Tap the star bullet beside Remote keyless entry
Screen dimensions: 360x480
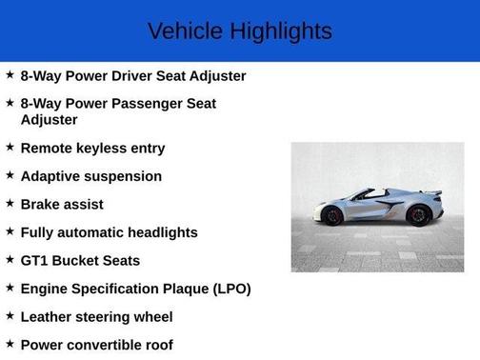10,148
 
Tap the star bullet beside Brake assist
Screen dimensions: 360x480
10,204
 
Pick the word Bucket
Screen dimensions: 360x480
78,260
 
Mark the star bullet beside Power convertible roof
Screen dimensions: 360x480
10,344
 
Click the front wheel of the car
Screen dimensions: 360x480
332,215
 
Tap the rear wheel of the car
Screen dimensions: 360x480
417,215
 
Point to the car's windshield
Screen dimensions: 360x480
360,194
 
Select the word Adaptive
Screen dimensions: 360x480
50,176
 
